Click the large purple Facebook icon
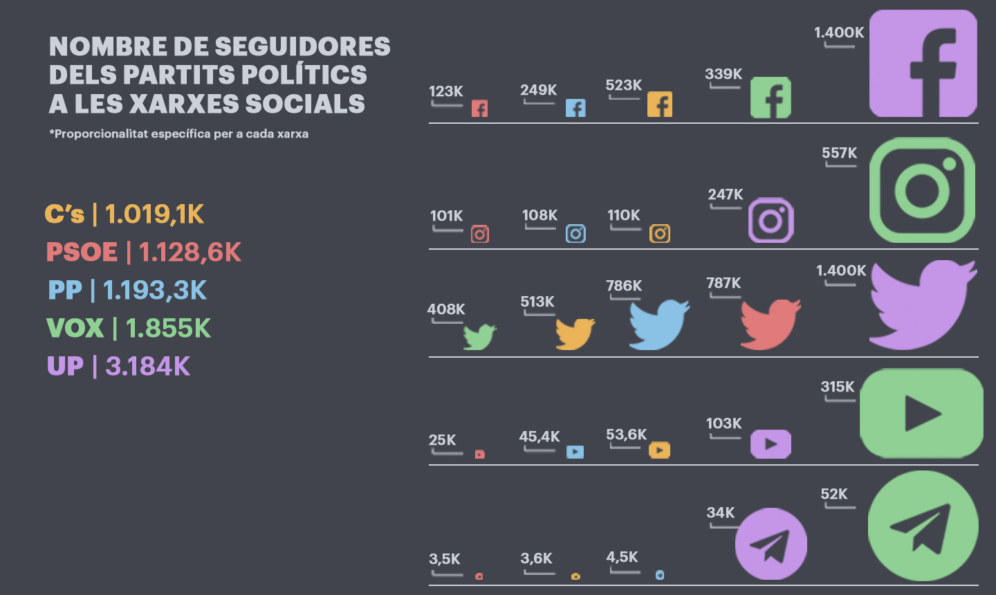click(923, 63)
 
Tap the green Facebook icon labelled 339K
click(771, 98)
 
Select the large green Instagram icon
click(922, 190)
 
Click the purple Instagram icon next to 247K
click(771, 220)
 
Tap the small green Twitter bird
click(479, 337)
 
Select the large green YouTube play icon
click(921, 413)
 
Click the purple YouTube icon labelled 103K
click(771, 444)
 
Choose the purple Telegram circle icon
click(771, 544)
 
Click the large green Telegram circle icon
click(923, 527)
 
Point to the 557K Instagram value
click(839, 153)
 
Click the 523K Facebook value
click(623, 85)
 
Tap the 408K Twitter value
click(446, 309)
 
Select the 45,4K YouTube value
click(539, 437)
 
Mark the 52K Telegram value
click(833, 494)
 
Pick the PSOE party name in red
click(82, 252)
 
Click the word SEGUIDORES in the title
click(302, 46)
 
